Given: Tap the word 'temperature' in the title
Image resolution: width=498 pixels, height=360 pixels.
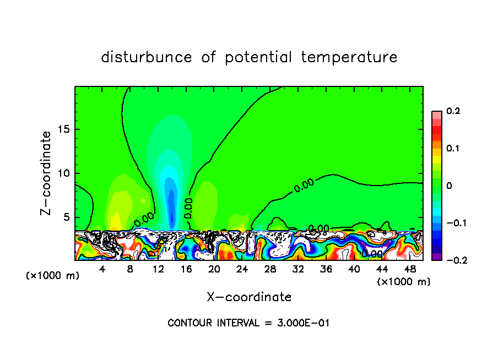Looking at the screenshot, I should click(x=349, y=57).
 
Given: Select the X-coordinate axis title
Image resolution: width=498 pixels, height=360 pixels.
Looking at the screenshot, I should click(x=249, y=297).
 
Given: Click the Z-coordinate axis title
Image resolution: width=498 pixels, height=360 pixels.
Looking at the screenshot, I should click(x=47, y=173).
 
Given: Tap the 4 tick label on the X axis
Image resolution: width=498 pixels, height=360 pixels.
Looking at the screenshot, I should click(x=102, y=270).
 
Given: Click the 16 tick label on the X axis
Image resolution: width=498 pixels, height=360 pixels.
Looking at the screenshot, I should click(x=186, y=270).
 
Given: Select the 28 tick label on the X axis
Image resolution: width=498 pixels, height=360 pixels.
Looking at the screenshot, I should click(x=270, y=270).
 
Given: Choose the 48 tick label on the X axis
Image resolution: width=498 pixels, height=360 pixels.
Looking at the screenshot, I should click(x=410, y=270).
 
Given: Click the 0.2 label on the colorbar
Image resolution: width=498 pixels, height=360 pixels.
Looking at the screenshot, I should click(x=453, y=111).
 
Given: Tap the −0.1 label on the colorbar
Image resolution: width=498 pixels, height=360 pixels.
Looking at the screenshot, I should click(x=454, y=223).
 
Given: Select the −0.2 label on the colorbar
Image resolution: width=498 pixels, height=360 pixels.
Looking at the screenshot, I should click(x=454, y=260).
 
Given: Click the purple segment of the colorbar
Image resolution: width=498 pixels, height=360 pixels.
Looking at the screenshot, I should click(x=437, y=256).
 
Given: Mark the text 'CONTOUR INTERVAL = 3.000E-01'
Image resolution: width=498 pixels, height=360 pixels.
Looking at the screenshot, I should click(x=248, y=323).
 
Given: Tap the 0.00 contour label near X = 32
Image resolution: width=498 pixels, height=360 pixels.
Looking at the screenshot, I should click(x=304, y=185).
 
